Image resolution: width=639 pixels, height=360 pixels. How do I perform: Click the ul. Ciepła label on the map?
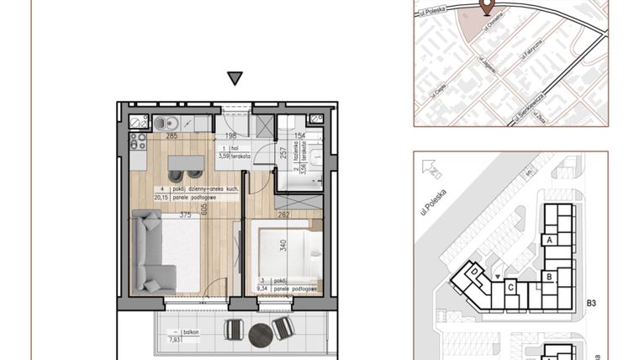pos(438,87)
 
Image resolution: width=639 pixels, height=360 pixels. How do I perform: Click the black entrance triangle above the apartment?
pos(235,79)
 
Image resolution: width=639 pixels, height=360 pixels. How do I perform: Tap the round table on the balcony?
pos(261,333)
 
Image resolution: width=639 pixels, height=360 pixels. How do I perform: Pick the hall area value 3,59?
pos(224,155)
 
